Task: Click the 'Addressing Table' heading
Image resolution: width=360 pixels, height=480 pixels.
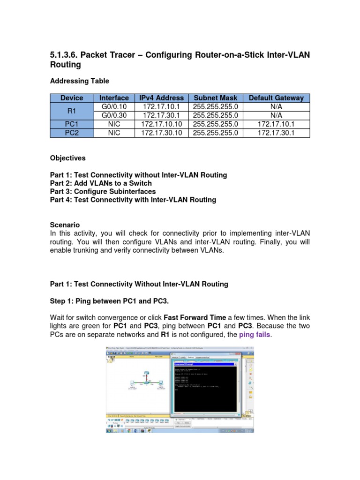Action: tap(79, 81)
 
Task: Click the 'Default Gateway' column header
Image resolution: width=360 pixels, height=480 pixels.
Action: tap(276, 98)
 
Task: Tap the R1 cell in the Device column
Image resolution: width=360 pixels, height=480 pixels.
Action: tap(72, 111)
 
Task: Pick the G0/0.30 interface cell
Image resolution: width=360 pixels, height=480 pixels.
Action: tap(114, 115)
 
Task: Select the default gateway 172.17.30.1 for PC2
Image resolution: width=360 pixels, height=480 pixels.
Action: tap(276, 133)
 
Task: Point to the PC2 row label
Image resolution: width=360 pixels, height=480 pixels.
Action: tap(72, 133)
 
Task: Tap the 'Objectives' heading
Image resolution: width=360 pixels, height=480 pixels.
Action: tap(67, 158)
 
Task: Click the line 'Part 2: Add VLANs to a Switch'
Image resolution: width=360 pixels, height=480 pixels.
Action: tap(101, 183)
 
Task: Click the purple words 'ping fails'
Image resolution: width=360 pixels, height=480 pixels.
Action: tap(255, 335)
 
